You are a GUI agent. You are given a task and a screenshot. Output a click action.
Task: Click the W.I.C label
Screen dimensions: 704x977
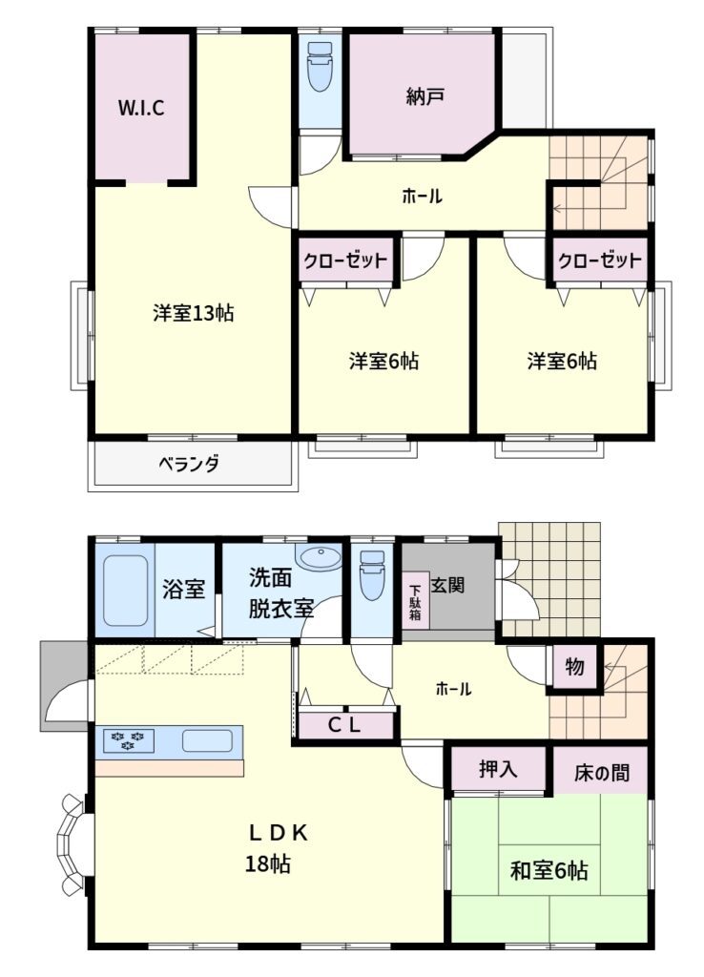click(141, 108)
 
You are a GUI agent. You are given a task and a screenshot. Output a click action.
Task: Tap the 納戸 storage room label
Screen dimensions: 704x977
click(424, 96)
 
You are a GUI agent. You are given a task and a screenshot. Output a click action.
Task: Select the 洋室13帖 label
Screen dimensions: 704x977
click(193, 312)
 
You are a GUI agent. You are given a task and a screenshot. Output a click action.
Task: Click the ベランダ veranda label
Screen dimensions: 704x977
click(188, 465)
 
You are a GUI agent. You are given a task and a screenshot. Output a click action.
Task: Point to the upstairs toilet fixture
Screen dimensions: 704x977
click(320, 67)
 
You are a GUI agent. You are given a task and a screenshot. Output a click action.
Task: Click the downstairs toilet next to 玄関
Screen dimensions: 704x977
click(372, 575)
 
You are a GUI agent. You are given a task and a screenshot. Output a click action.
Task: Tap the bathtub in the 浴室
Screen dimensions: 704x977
click(125, 590)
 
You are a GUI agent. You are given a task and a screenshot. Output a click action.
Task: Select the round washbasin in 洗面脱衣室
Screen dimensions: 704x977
click(319, 556)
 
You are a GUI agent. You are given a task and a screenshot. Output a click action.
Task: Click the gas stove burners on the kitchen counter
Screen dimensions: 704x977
click(129, 740)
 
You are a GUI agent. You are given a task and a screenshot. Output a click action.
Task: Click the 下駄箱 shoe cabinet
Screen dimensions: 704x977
click(415, 601)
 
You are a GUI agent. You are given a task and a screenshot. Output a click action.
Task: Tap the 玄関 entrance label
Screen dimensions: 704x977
click(447, 585)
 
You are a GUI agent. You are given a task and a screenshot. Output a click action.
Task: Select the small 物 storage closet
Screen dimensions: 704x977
click(574, 667)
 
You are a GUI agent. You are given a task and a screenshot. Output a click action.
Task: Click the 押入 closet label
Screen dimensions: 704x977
click(498, 769)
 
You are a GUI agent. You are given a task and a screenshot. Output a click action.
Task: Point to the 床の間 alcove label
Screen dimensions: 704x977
click(601, 773)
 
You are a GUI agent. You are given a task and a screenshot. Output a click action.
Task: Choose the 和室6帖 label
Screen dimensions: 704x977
click(549, 870)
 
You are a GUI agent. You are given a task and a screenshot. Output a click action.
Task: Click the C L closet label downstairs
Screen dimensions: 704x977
click(344, 725)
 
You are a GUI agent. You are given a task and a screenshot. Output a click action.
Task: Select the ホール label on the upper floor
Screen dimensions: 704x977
click(422, 197)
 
